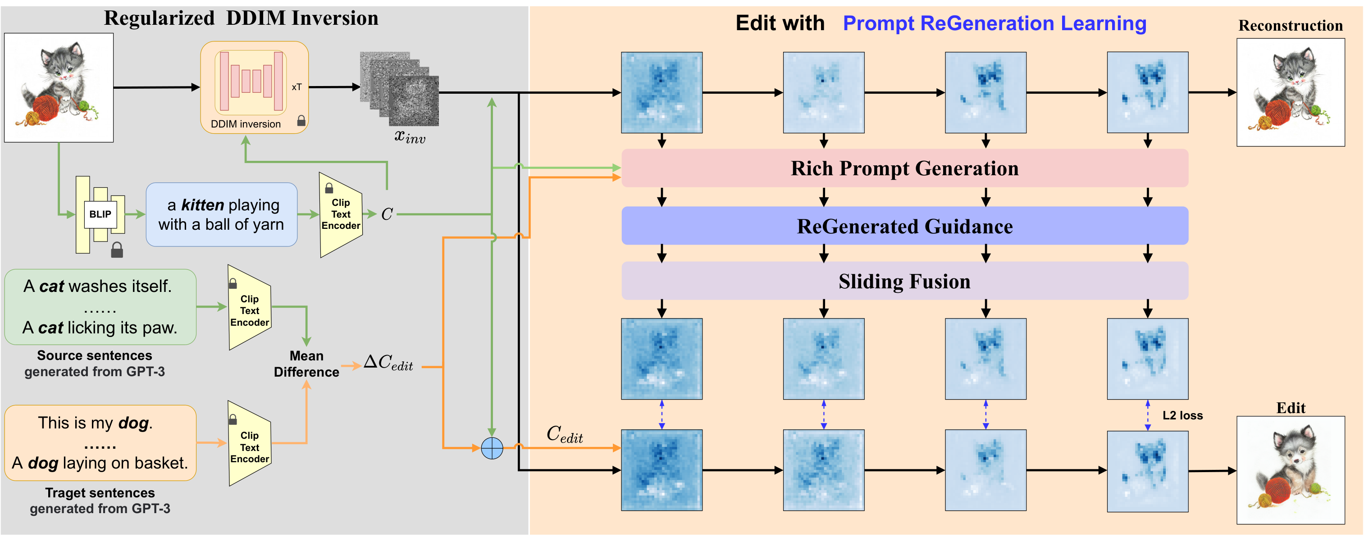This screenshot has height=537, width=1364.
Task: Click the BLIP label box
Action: pyautogui.click(x=100, y=214)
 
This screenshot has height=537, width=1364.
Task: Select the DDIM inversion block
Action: pyautogui.click(x=254, y=87)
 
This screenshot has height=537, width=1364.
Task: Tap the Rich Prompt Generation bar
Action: pyautogui.click(x=904, y=168)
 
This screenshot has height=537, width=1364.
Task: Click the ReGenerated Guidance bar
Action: pyautogui.click(x=904, y=226)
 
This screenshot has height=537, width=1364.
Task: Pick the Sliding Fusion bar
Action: pyautogui.click(x=904, y=281)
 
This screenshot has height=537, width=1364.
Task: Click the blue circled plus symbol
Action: pyautogui.click(x=492, y=448)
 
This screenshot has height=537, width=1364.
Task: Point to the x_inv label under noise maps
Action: pyautogui.click(x=410, y=137)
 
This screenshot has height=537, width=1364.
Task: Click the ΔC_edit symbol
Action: pyautogui.click(x=388, y=363)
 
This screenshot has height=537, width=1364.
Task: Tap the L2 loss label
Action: pyautogui.click(x=1182, y=415)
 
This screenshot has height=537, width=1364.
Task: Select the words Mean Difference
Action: pyautogui.click(x=306, y=364)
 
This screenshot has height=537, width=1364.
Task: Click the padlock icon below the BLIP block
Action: pyautogui.click(x=117, y=250)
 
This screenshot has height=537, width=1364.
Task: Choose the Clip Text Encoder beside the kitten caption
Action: pyautogui.click(x=341, y=214)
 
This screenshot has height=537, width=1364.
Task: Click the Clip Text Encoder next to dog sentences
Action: pyautogui.click(x=249, y=443)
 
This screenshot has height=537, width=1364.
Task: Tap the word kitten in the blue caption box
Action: pyautogui.click(x=202, y=205)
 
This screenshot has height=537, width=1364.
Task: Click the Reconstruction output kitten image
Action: pyautogui.click(x=1291, y=92)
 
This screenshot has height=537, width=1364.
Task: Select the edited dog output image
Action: pyautogui.click(x=1291, y=470)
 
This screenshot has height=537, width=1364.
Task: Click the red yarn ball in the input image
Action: pyautogui.click(x=46, y=108)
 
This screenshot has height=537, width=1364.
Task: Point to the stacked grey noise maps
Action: pyautogui.click(x=399, y=88)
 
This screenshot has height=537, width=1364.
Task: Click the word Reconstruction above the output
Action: pyautogui.click(x=1291, y=25)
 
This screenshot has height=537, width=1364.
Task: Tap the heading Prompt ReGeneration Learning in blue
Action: pyautogui.click(x=994, y=23)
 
